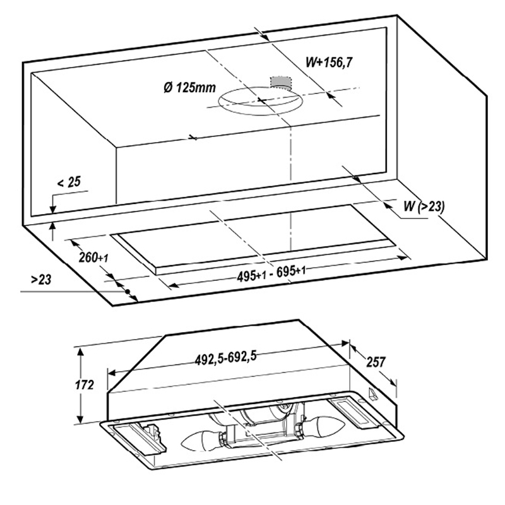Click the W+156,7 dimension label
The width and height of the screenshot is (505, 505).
[328, 62]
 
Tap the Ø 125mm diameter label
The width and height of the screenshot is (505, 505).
[189, 87]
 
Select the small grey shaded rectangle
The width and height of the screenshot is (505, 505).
[280, 82]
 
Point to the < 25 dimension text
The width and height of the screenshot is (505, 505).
[69, 182]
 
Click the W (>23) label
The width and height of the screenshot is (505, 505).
[424, 206]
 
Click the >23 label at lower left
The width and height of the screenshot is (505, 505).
[41, 280]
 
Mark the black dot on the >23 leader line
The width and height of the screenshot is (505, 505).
[128, 291]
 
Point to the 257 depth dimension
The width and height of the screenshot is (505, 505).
[376, 362]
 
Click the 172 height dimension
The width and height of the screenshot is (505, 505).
[85, 384]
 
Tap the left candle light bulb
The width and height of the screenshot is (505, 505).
[202, 441]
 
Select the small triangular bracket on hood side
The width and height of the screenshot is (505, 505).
[374, 395]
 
